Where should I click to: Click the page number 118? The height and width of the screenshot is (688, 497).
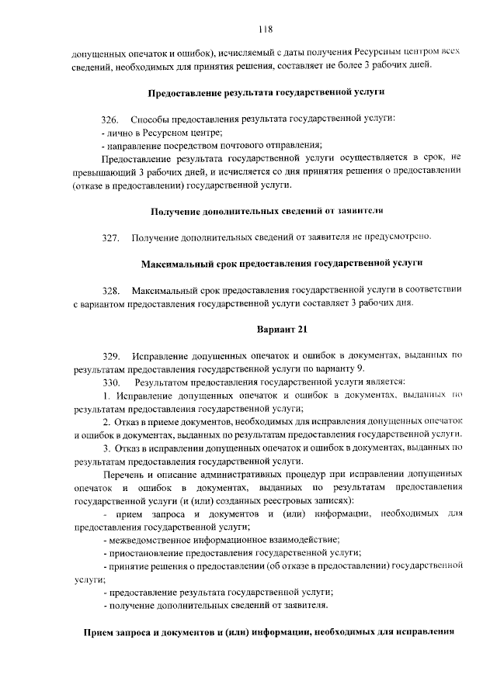(266, 30)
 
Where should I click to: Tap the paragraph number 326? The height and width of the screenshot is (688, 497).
(111, 119)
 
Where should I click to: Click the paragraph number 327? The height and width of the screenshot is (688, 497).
(111, 237)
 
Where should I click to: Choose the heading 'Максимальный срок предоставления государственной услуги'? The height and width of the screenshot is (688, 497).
(266, 264)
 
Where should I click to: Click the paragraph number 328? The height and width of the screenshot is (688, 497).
(111, 290)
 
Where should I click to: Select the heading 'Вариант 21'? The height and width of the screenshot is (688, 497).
(266, 330)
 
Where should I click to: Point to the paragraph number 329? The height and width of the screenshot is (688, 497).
(111, 355)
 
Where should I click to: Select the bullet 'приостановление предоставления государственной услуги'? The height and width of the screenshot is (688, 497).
(232, 552)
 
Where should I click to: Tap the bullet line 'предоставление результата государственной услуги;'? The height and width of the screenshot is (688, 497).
(222, 592)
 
